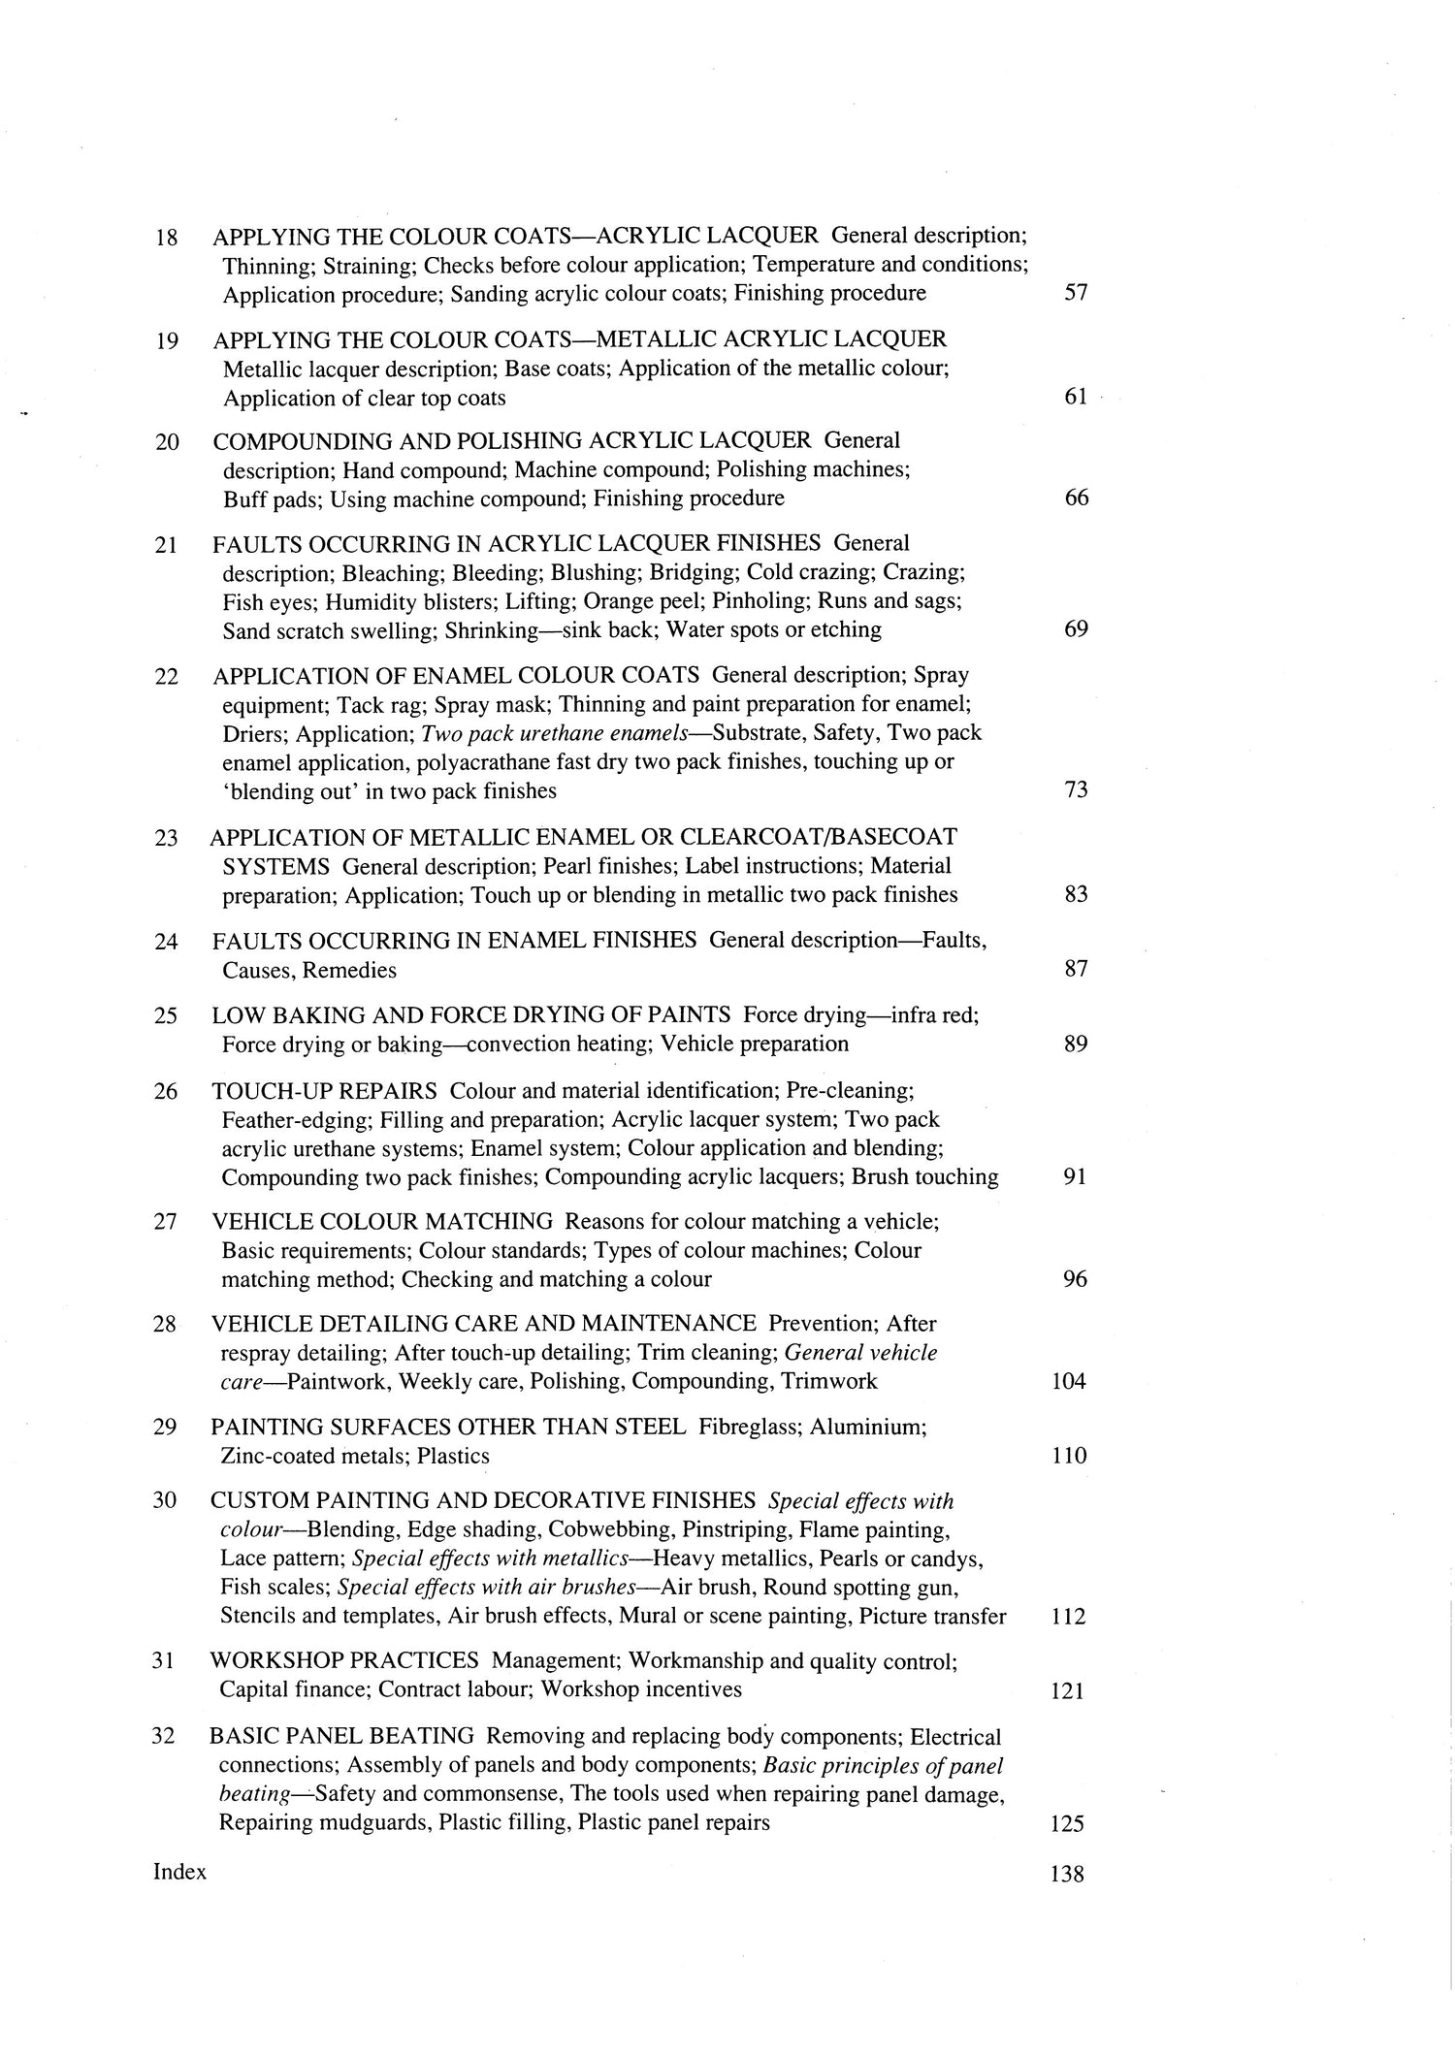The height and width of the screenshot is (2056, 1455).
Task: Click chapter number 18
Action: [x=167, y=237]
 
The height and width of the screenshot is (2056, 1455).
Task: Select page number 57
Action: [x=1076, y=293]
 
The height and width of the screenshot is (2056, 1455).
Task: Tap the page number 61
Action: [x=1076, y=397]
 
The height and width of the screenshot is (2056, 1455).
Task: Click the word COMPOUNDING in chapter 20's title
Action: [x=292, y=440]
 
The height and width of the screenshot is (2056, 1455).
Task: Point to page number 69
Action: [x=1076, y=629]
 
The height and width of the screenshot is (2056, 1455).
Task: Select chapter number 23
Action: [x=166, y=837]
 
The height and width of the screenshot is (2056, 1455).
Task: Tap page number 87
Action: [x=1076, y=968]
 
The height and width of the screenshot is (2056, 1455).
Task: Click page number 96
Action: [x=1075, y=1279]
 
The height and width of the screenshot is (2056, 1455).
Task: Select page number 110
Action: [x=1068, y=1456]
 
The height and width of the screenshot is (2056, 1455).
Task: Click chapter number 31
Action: [x=163, y=1660]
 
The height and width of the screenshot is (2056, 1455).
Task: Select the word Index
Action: [x=179, y=1872]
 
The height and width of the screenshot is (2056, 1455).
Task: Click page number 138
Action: [x=1067, y=1875]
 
